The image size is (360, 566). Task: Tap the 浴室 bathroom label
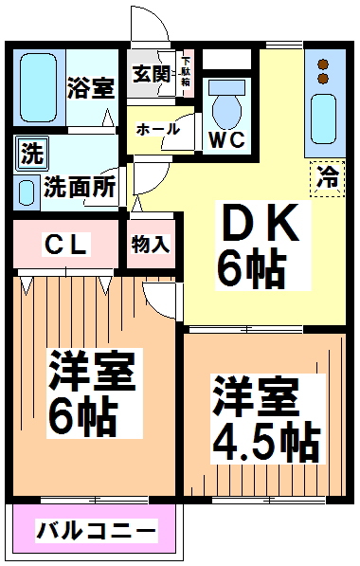(x=92, y=86)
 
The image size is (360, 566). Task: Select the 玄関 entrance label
(x=151, y=74)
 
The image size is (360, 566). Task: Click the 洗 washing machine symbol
(x=29, y=152)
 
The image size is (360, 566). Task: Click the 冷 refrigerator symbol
(x=328, y=175)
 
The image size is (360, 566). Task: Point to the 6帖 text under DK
(x=252, y=270)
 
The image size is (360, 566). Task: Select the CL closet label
(x=68, y=245)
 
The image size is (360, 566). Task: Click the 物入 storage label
(x=151, y=244)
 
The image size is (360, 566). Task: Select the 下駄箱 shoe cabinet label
(x=186, y=69)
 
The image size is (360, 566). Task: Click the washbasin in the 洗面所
(x=27, y=190)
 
